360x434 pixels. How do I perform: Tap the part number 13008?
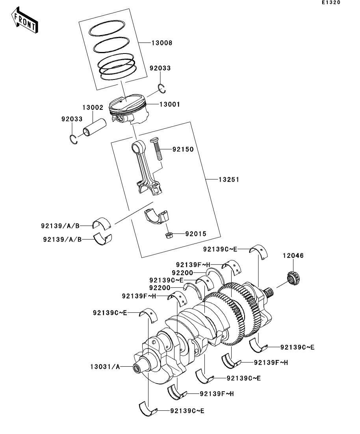pyautogui.click(x=161, y=42)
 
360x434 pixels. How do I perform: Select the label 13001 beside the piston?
pyautogui.click(x=169, y=105)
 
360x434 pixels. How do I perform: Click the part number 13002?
pyautogui.click(x=93, y=107)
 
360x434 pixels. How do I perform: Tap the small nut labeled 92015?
pyautogui.click(x=169, y=235)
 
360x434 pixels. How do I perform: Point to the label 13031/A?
pyautogui.click(x=105, y=367)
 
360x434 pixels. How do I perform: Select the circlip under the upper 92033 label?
pyautogui.click(x=161, y=89)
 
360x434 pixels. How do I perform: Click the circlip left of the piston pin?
pyautogui.click(x=73, y=139)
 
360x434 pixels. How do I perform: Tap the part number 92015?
pyautogui.click(x=196, y=234)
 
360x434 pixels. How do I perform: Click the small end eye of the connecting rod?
pyautogui.click(x=138, y=148)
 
